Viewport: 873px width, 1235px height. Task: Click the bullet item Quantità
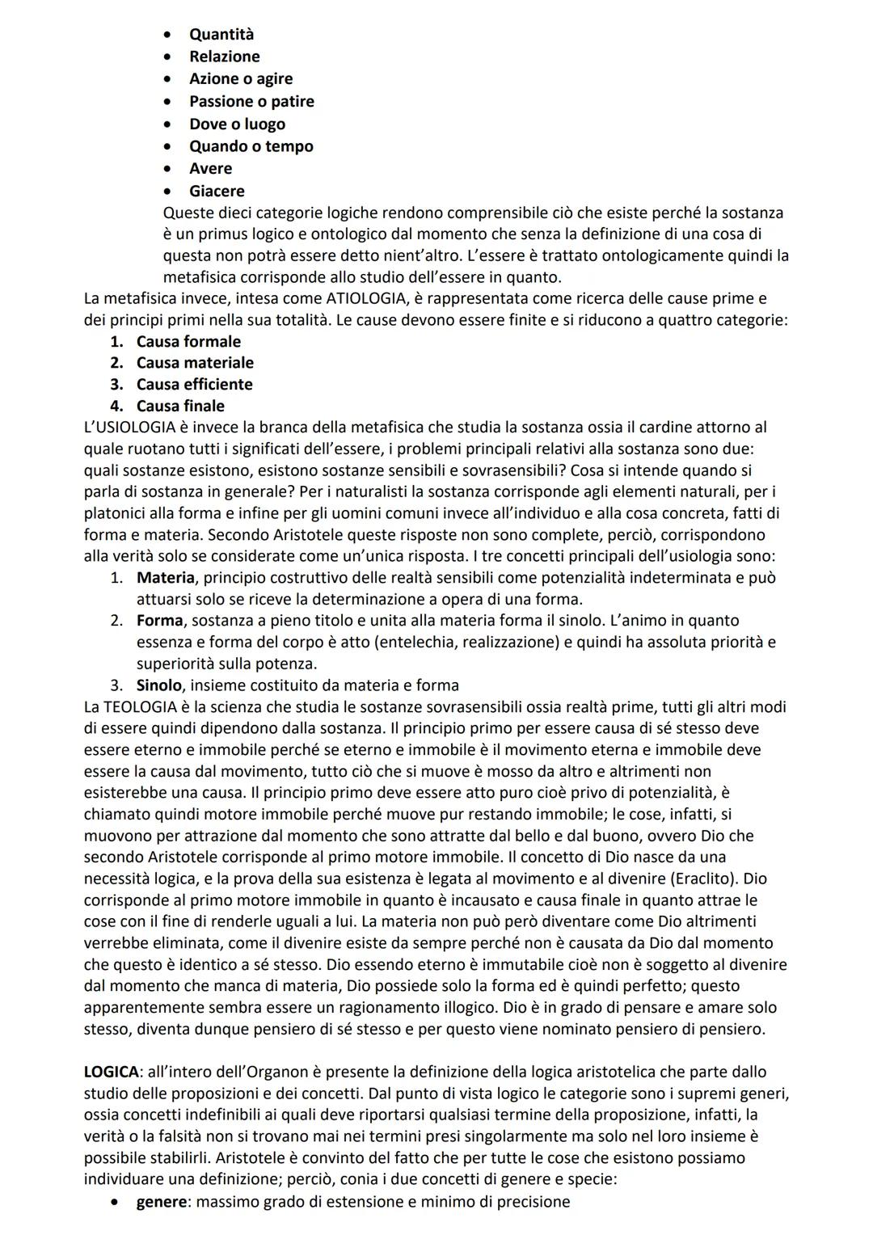click(x=221, y=34)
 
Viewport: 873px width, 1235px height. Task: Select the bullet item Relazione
click(x=224, y=57)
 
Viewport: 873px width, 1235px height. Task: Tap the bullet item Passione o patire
click(x=251, y=101)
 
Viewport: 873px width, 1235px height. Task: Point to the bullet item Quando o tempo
click(x=251, y=146)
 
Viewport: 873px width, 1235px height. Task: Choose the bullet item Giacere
click(x=217, y=192)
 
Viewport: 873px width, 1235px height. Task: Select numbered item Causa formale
click(x=188, y=341)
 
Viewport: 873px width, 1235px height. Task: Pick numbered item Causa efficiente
click(x=194, y=384)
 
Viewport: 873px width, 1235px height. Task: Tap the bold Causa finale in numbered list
click(x=180, y=406)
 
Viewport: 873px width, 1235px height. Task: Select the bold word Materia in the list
click(x=165, y=578)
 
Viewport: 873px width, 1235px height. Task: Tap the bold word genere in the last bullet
click(x=161, y=1202)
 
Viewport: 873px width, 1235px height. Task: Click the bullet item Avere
click(x=210, y=169)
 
